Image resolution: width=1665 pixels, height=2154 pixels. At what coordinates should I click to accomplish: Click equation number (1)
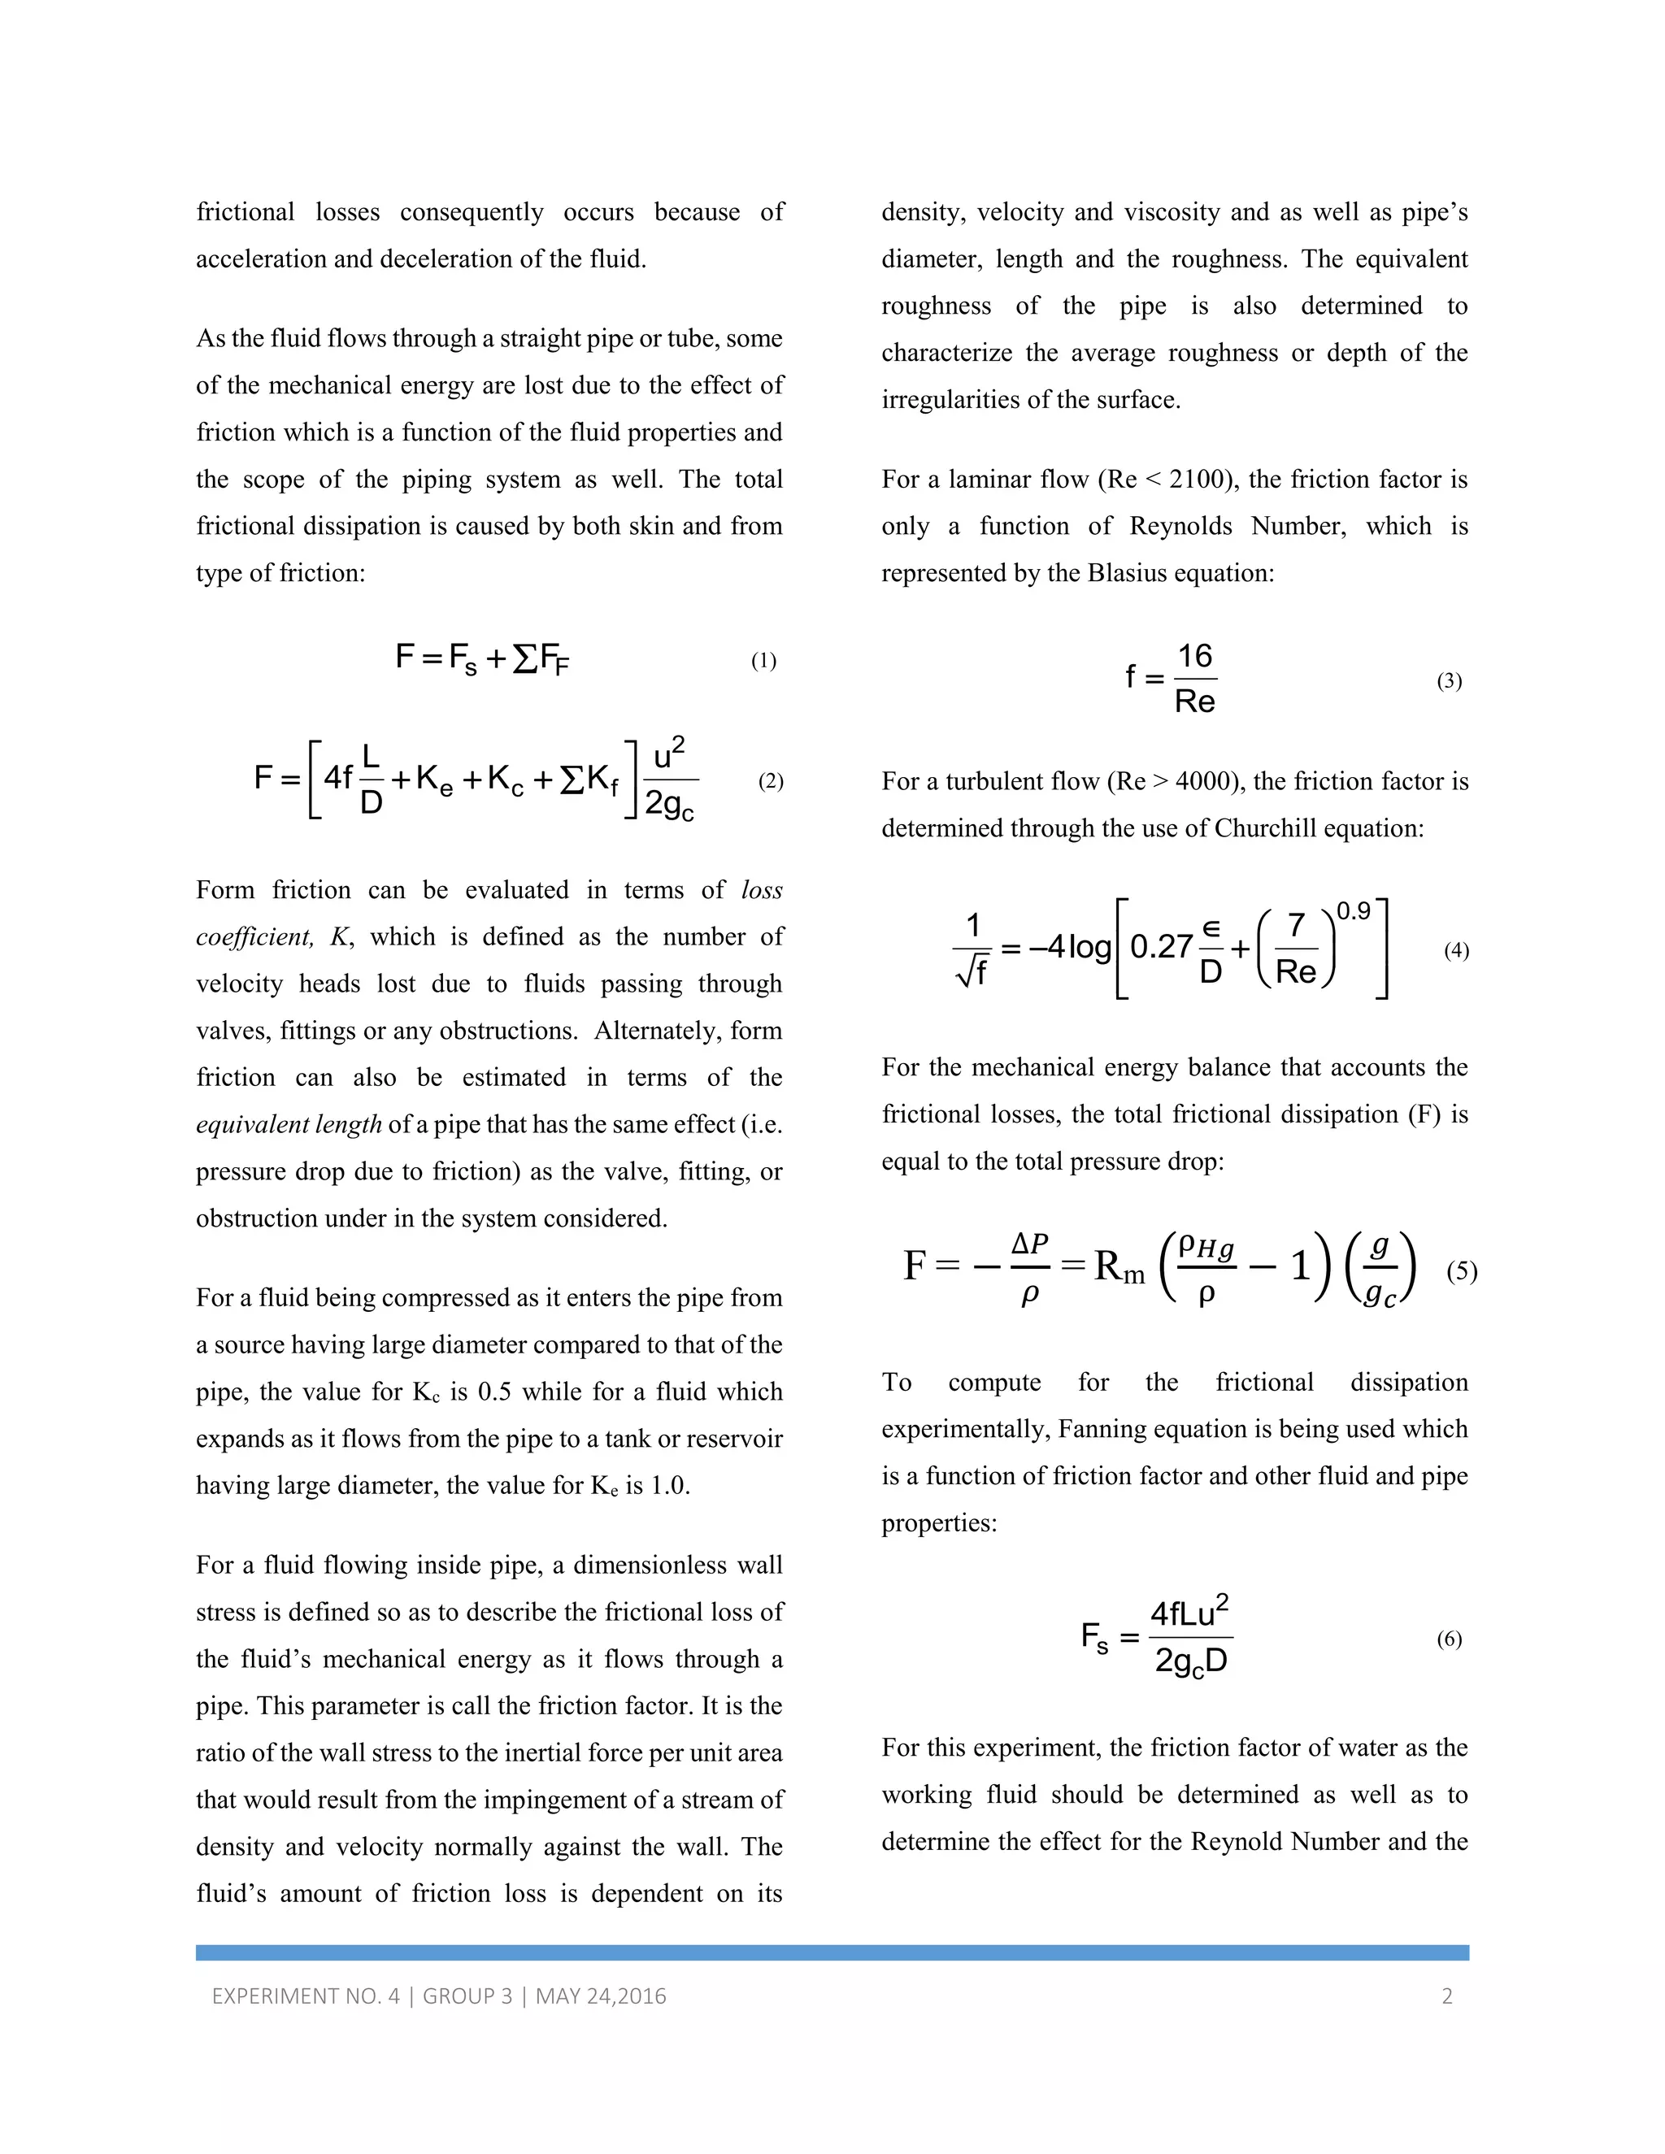(763, 661)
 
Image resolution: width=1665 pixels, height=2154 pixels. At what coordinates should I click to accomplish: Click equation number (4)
(1456, 951)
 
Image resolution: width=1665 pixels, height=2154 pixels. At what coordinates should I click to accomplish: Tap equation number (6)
(1448, 1639)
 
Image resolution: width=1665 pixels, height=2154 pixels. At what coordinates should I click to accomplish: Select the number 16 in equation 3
(1194, 657)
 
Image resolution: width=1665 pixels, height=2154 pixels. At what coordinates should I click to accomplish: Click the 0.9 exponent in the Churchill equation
(1354, 911)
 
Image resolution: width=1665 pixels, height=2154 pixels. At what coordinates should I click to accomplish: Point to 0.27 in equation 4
(1161, 947)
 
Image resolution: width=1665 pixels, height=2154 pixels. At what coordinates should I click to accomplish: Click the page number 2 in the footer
(1447, 1996)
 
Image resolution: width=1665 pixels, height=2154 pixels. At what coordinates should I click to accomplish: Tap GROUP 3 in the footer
(467, 1996)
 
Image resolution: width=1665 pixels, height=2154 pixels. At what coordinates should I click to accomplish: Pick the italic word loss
(762, 891)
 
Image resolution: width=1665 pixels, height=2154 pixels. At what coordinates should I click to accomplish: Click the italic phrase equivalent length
(288, 1124)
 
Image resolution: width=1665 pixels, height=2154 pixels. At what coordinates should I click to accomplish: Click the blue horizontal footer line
(832, 1952)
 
